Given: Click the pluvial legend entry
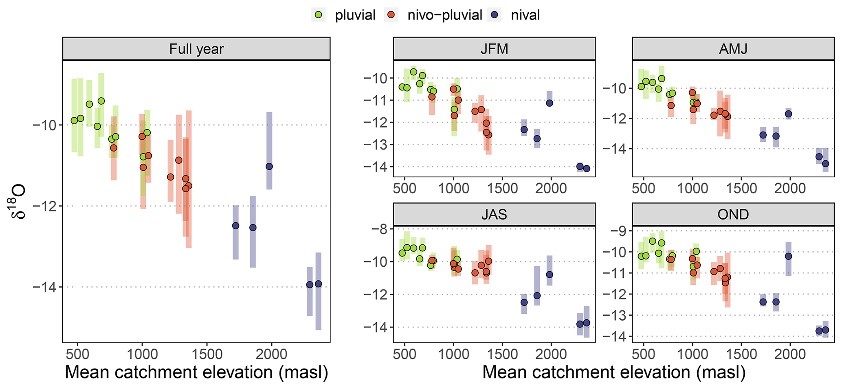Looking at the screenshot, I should pos(343,15).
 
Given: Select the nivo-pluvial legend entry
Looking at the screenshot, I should pos(433,15).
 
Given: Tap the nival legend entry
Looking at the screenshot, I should pos(514,15).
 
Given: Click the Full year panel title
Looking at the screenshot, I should pos(196,49).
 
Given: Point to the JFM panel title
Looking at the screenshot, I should pos(494,49).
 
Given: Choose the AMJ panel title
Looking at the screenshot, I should pos(733,49).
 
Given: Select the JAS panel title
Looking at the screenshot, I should pos(494,214).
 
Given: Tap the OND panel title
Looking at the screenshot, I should pos(733,214).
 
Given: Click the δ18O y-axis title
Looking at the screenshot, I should pos(18,202).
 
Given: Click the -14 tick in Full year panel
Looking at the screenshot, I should pos(45,287).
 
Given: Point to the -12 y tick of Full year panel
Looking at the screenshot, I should pos(45,206).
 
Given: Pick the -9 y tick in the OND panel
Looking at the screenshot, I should pos(618,231).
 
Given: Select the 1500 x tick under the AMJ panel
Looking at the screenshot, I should pos(741,188).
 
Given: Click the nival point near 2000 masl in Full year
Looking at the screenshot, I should pos(269,166).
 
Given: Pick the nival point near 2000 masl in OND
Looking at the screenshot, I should pos(788,256).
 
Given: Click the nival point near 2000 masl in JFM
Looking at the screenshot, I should pos(550,103).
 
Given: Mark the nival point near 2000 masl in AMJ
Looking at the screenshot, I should pos(788,114).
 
